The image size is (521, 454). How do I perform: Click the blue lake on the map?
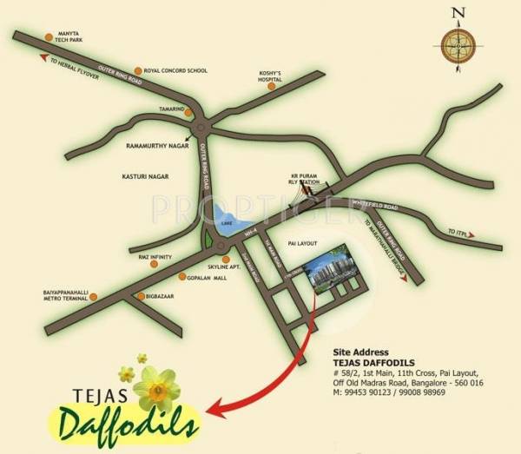click(x=228, y=220)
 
